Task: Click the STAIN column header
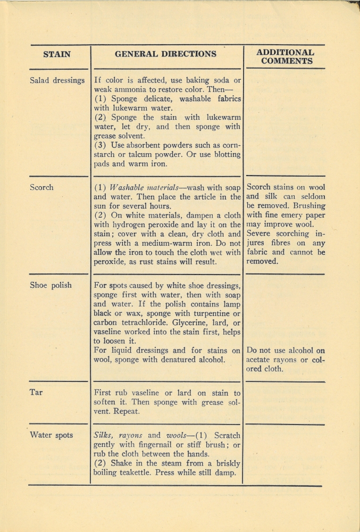point(57,54)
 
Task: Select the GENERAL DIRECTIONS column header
point(166,54)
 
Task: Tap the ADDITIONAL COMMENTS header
point(286,56)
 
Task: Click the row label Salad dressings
point(57,81)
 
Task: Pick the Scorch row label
point(41,187)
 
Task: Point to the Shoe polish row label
point(51,285)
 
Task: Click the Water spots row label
point(51,435)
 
